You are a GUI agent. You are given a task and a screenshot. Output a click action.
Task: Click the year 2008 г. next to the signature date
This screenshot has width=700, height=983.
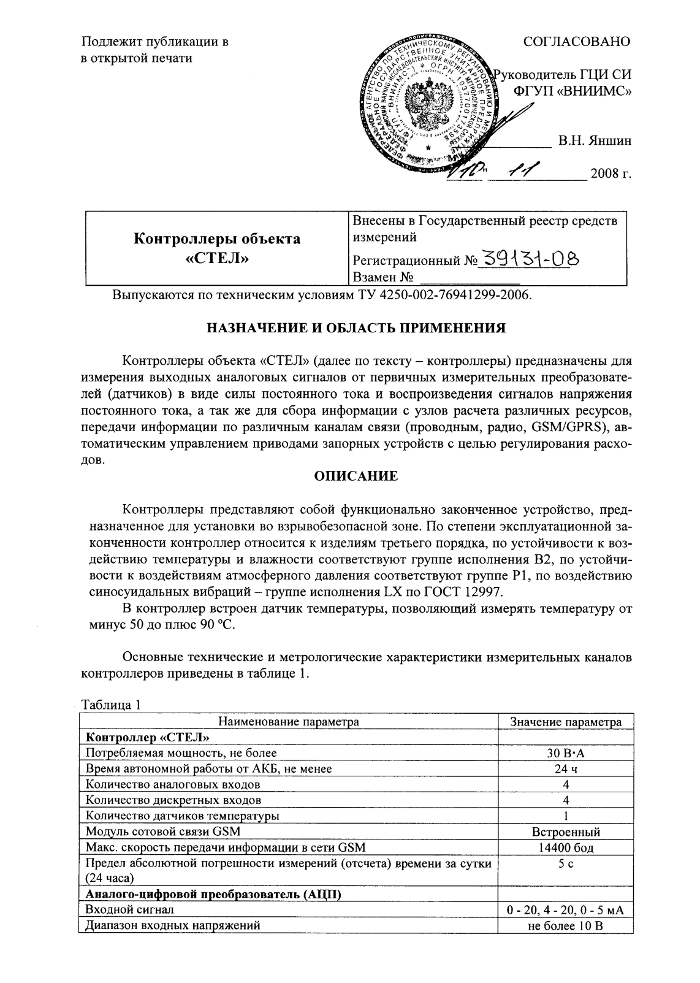(x=611, y=174)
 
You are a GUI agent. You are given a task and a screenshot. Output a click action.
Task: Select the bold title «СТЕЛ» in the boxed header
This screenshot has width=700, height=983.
(x=217, y=258)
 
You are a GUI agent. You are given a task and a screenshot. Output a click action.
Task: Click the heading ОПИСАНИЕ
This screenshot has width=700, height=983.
(x=356, y=476)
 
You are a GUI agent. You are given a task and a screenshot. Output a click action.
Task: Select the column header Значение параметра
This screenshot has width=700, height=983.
(x=566, y=722)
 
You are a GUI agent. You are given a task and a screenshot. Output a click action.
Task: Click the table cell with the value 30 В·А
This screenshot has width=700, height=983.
(x=566, y=752)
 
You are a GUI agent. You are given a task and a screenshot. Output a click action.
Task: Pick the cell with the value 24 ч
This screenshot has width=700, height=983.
(x=566, y=768)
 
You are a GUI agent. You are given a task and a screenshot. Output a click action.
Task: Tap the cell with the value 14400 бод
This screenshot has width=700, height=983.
(x=566, y=848)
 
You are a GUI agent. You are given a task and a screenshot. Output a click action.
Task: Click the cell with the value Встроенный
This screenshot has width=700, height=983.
(x=566, y=832)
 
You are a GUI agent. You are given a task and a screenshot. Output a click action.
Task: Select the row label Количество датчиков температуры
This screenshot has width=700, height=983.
(x=183, y=816)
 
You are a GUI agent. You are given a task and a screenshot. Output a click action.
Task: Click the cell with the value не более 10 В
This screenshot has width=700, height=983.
(x=566, y=925)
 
